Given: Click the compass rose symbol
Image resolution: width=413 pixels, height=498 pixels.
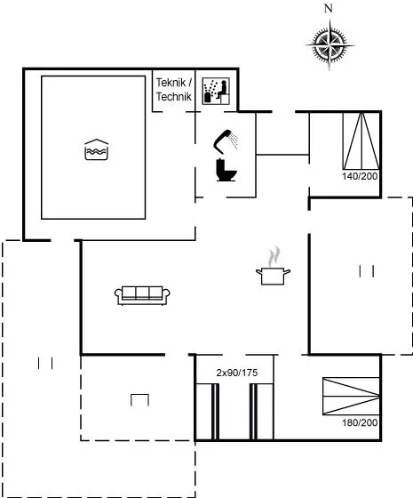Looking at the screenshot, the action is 330,44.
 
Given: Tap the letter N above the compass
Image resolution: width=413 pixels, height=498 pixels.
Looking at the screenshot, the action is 329,9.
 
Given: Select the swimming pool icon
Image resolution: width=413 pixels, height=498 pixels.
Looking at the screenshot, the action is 97,149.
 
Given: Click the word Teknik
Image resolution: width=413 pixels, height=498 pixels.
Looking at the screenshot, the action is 171,83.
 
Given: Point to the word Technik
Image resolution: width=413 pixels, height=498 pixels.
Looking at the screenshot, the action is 174,97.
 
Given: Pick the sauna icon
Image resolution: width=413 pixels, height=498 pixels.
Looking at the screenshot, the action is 216,91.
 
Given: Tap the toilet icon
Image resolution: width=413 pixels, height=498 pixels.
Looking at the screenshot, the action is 226,170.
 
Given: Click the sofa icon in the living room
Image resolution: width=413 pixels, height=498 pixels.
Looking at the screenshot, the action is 142,295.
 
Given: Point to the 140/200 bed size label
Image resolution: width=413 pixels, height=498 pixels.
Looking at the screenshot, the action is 360,176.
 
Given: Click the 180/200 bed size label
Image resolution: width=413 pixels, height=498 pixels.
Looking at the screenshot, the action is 360,422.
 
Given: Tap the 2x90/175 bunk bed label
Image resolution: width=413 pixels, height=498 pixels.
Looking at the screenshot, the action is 237,373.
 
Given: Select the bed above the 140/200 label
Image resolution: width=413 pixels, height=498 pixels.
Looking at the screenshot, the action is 361,141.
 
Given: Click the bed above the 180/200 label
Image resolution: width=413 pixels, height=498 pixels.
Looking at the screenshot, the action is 351,396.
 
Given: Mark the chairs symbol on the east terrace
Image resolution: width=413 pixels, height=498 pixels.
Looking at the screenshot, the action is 366,271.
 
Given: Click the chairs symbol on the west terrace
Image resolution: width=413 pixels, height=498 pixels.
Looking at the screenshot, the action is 45,363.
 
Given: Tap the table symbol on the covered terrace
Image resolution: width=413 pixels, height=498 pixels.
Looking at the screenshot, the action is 140,400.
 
